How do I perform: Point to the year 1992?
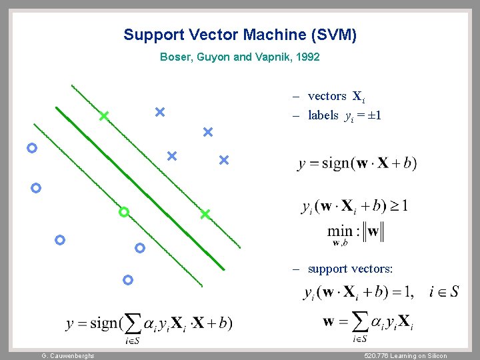[307, 57]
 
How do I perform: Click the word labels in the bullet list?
[323, 116]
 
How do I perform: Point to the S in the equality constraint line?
[454, 291]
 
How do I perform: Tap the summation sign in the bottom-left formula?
[132, 325]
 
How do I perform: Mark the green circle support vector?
[123, 213]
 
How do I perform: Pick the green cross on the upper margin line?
[103, 117]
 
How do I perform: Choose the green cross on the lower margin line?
[205, 214]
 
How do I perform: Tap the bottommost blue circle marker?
[128, 280]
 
